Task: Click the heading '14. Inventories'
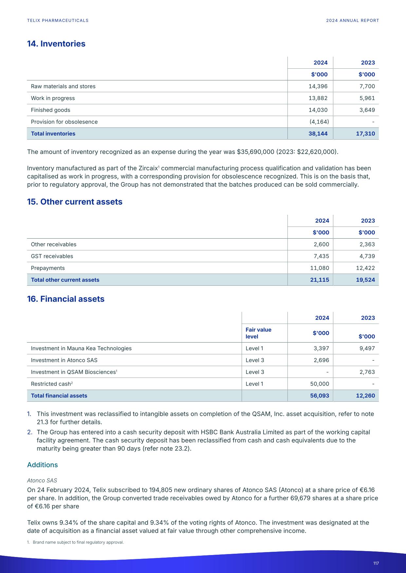coord(56,44)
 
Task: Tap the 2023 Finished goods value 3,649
coord(367,110)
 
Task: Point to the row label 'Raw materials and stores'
coord(63,86)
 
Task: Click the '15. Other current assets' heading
coord(75,202)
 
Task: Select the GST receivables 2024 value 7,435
coord(321,256)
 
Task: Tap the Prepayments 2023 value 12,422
coord(365,268)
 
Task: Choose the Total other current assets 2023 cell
coord(365,280)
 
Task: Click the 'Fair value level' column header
coord(258,333)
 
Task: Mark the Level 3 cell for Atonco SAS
coord(255,360)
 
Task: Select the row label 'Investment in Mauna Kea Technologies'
coord(81,348)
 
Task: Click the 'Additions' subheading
coord(42,465)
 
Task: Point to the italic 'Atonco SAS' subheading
coord(42,480)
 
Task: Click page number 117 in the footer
coord(376,563)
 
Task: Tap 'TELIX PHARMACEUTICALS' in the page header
coord(58,21)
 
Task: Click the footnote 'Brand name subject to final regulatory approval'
coord(78,542)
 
